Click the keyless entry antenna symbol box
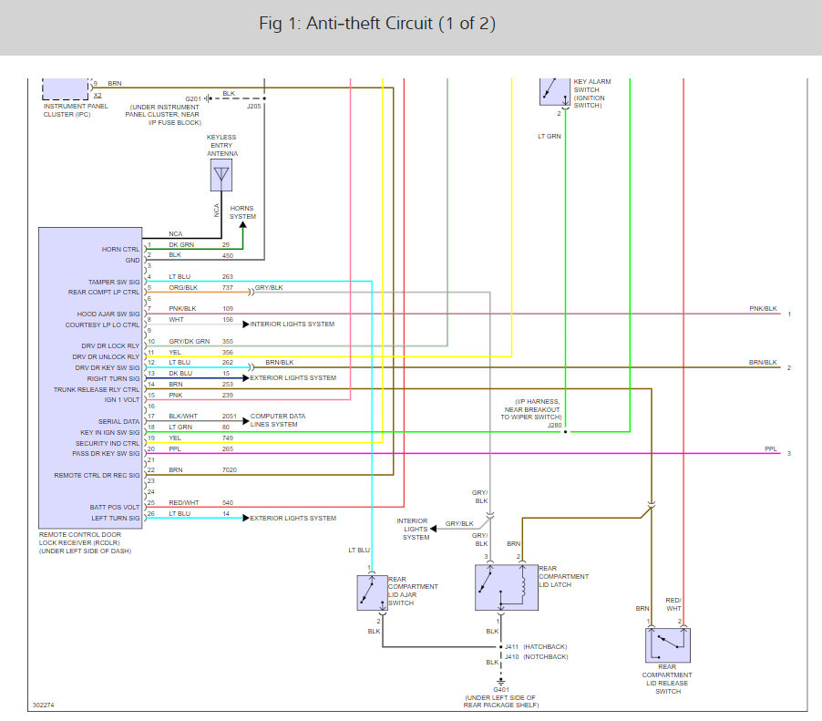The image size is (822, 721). tap(221, 175)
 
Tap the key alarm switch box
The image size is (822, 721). tap(555, 92)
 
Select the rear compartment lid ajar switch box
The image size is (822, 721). tap(372, 592)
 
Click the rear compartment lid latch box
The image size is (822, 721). tap(507, 587)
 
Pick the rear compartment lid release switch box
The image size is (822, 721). tap(668, 645)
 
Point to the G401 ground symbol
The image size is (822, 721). tap(500, 682)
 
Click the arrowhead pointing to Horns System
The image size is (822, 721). tap(242, 225)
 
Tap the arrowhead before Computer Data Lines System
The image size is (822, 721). tap(246, 420)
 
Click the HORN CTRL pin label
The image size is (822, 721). tap(120, 250)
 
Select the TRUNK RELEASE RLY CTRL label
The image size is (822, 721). tap(97, 389)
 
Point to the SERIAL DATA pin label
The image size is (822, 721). tap(119, 422)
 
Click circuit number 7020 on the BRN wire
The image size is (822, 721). tap(229, 469)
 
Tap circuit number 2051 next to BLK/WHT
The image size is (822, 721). tap(229, 416)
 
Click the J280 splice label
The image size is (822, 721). tap(554, 426)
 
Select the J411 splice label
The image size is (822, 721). tap(511, 646)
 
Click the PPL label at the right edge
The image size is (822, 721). tap(771, 448)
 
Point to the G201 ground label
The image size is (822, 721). tap(193, 98)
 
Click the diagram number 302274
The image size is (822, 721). tap(43, 705)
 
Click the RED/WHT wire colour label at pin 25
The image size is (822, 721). tap(183, 502)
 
